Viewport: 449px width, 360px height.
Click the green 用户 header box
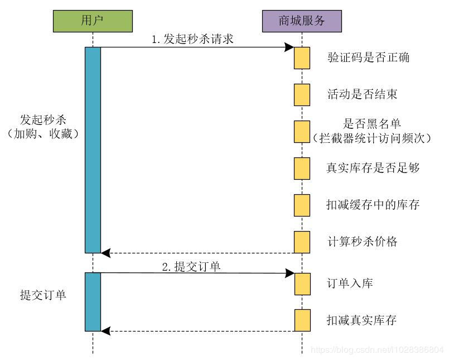click(93, 21)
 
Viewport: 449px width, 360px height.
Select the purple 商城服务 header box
click(302, 21)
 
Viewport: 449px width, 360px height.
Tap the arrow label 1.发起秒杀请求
click(192, 40)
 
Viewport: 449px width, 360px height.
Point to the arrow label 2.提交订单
click(191, 266)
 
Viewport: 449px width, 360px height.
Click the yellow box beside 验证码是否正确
click(302, 58)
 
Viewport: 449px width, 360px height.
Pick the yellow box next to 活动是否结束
click(302, 94)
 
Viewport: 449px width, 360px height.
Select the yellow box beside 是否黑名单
click(302, 131)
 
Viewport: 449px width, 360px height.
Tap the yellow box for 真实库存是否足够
click(302, 168)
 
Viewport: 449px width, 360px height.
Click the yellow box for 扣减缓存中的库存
click(302, 205)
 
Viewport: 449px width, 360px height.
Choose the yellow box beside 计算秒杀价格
click(302, 242)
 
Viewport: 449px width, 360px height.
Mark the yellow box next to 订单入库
click(302, 284)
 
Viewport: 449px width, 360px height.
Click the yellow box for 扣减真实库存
click(302, 320)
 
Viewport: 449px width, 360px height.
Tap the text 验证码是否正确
click(369, 57)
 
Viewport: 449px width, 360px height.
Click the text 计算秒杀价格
click(362, 242)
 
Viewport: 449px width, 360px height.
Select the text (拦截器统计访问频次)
click(372, 137)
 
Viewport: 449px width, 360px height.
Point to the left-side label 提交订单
click(43, 295)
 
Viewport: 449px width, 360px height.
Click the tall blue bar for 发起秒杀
click(93, 150)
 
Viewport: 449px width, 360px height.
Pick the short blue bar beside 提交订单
click(93, 301)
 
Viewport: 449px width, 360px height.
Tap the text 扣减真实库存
click(362, 320)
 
